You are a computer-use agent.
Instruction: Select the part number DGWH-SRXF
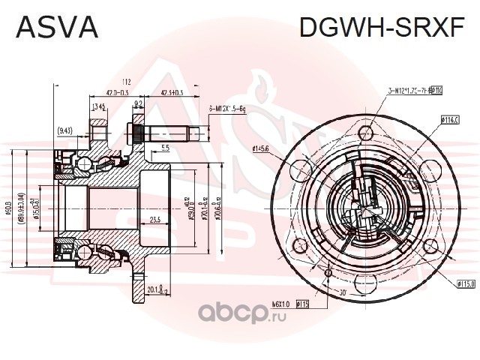click(x=382, y=27)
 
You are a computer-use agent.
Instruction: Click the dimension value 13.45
click(x=98, y=106)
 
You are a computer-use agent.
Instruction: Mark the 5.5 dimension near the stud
click(x=165, y=147)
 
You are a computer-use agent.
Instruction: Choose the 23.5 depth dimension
click(x=155, y=220)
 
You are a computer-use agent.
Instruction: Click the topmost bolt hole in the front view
click(x=365, y=133)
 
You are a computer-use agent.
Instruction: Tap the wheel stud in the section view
click(x=169, y=136)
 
